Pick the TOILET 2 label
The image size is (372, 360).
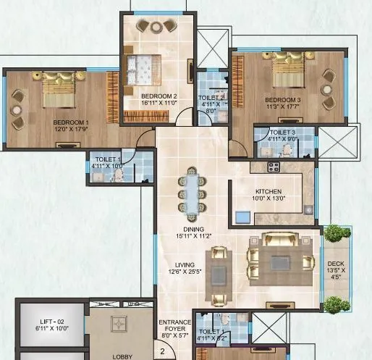pyautogui.click(x=213, y=96)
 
